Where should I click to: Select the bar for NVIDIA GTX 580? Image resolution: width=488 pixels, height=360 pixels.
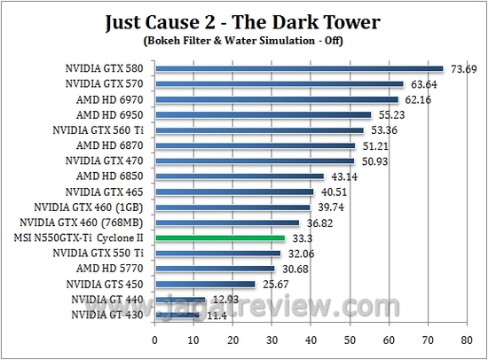point(299,68)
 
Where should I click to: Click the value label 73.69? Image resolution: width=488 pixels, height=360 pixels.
point(460,68)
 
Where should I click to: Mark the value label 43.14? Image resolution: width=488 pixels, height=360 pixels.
point(344,176)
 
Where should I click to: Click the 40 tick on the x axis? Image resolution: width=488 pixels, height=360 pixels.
point(311,339)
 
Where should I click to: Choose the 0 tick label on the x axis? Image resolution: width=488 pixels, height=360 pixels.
point(155,339)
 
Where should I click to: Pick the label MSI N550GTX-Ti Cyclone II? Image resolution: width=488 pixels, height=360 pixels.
point(78,238)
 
